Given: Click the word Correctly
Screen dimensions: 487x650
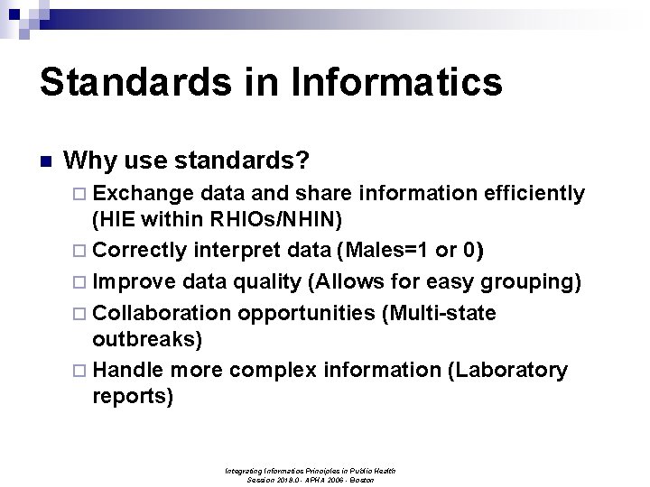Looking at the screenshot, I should (140, 250).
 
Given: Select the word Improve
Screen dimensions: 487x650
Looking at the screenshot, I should (135, 281).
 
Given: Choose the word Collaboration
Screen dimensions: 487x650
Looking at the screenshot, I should (162, 313).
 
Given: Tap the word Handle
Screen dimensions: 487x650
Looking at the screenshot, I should (128, 370).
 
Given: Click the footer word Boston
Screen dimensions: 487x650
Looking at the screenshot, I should (362, 481).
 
